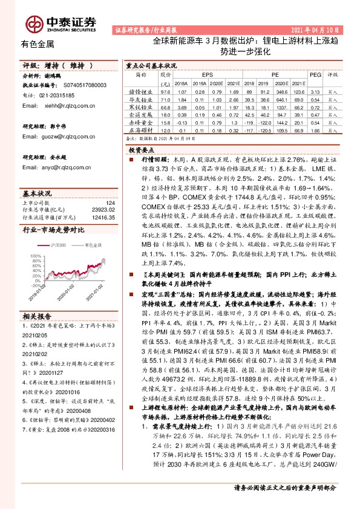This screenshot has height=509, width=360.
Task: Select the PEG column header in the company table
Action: pos(315,76)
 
